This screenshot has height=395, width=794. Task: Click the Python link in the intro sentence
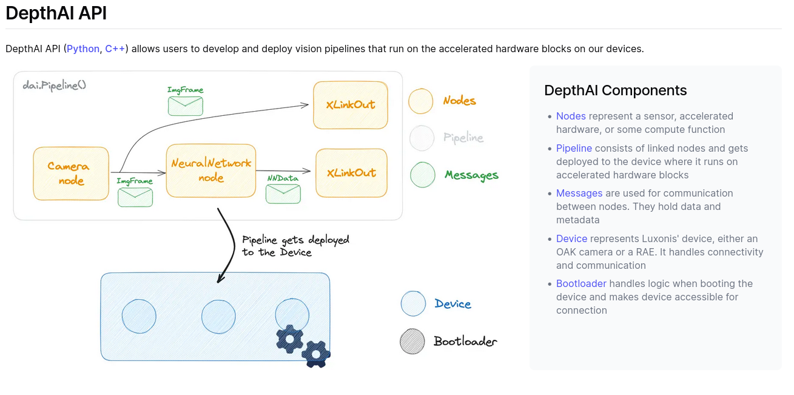click(83, 49)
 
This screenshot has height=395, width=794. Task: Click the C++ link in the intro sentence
click(115, 49)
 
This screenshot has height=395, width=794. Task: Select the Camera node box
click(71, 174)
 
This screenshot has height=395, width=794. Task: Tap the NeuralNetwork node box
click(211, 170)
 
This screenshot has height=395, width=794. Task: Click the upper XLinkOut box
click(351, 105)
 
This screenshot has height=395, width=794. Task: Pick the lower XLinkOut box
click(351, 173)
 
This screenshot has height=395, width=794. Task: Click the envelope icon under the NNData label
click(283, 194)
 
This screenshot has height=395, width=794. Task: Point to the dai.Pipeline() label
click(54, 85)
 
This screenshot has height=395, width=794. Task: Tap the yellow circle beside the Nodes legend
click(421, 101)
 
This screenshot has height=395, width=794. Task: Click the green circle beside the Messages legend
click(423, 175)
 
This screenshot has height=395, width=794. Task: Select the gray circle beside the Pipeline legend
click(422, 138)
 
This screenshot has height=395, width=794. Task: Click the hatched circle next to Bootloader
click(412, 341)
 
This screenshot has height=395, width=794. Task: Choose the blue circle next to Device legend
click(414, 304)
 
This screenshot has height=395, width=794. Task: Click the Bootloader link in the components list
click(581, 283)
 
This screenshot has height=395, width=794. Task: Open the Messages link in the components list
click(579, 193)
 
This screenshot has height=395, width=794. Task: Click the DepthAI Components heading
click(615, 90)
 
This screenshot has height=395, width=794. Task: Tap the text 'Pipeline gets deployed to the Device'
click(295, 246)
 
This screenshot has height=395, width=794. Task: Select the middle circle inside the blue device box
click(218, 316)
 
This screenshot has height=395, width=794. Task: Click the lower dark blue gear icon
click(316, 353)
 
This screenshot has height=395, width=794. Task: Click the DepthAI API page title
click(56, 13)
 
